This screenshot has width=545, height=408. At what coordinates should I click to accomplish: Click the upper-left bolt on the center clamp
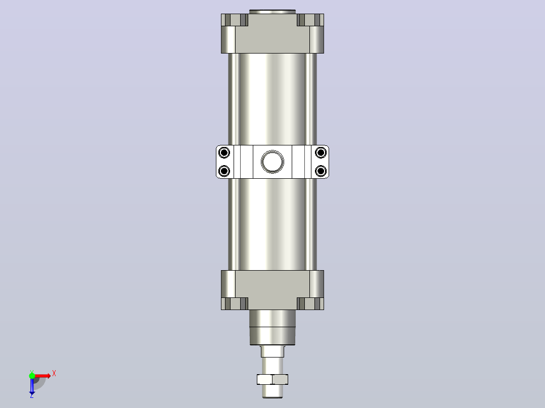click(224, 152)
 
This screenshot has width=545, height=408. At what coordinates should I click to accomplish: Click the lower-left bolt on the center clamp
click(224, 171)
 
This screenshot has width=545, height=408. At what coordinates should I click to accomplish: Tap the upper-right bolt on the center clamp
click(321, 152)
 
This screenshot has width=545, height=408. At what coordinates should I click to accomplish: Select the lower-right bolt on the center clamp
click(321, 171)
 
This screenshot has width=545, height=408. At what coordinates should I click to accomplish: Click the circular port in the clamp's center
click(272, 162)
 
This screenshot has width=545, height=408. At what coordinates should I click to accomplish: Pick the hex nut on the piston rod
click(272, 379)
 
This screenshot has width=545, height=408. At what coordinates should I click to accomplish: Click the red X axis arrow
click(42, 376)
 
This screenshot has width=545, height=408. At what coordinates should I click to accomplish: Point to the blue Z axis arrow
click(32, 387)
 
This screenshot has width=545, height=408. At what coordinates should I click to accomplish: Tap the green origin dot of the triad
click(32, 376)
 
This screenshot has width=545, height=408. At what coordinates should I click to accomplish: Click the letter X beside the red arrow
click(54, 374)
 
